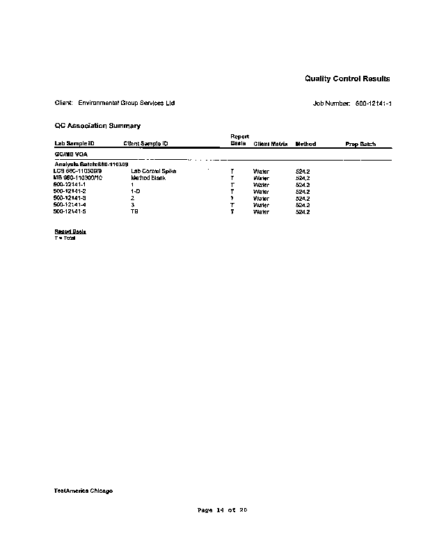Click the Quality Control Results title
click(x=347, y=79)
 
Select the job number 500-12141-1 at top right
click(x=373, y=104)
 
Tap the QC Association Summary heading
click(x=97, y=126)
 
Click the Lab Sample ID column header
click(x=74, y=144)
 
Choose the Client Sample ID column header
click(x=145, y=144)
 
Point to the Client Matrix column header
click(x=271, y=144)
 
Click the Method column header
click(x=305, y=144)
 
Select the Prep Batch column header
click(x=360, y=144)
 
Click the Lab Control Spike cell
click(x=153, y=171)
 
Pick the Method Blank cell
click(x=148, y=178)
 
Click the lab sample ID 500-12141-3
click(x=70, y=198)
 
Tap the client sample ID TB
click(x=134, y=211)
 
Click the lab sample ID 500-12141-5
click(x=70, y=211)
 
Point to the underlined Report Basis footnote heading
click(x=70, y=231)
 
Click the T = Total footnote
click(x=65, y=238)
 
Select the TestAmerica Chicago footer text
click(x=83, y=491)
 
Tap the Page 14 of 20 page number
click(x=223, y=510)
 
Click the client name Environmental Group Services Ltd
click(x=127, y=104)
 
